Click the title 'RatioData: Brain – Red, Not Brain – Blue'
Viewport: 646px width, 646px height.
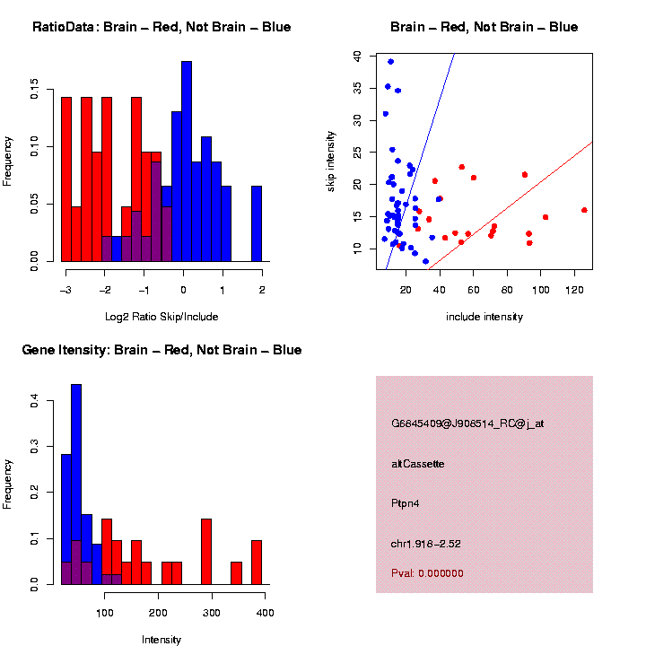[161, 27]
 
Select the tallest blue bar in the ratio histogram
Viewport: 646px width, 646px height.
[187, 161]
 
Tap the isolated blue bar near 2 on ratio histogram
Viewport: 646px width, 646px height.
[257, 223]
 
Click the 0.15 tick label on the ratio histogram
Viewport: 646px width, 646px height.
[34, 90]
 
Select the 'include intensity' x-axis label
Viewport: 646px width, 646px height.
[484, 317]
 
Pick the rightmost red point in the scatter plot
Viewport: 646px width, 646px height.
[584, 210]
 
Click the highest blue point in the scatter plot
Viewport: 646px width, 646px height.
[390, 62]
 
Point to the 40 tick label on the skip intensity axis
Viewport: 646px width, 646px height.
[357, 56]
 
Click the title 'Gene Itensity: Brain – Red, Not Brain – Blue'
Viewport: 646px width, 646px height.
[161, 350]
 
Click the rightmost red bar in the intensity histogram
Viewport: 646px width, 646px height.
[257, 563]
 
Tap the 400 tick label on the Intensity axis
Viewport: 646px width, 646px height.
[266, 613]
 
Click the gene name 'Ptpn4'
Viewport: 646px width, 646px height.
[406, 503]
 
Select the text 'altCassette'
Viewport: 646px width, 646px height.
[418, 464]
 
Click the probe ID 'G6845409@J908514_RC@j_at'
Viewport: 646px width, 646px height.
[467, 423]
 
